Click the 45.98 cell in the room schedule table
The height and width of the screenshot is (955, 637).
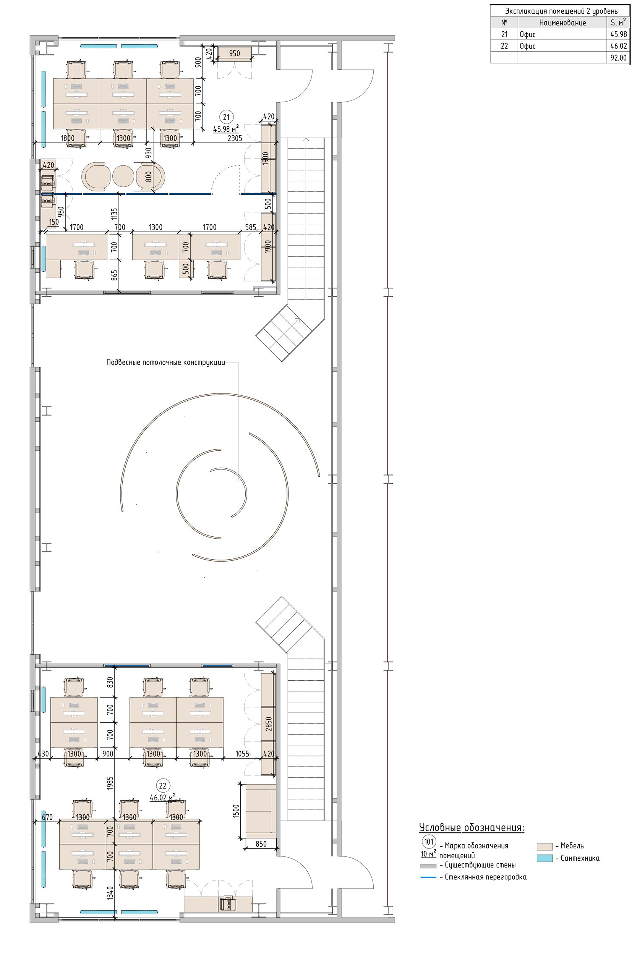[x=618, y=34]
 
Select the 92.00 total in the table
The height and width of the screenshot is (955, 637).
[x=618, y=58]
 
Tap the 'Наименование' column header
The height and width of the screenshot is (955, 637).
[x=562, y=23]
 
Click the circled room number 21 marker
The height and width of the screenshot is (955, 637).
[x=226, y=117]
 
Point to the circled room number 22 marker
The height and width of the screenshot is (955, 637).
[x=162, y=786]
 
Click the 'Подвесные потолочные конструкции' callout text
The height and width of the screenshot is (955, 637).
[x=165, y=362]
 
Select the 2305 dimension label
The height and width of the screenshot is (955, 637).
[x=235, y=138]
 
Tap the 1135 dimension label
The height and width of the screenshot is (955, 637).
[x=115, y=214]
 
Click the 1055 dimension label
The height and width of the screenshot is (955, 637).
[x=242, y=754]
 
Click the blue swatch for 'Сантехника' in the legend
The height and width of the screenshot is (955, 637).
[x=545, y=858]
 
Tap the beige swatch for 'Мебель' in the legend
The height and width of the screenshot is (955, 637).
[x=545, y=846]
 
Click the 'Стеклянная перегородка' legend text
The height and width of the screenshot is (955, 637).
[x=485, y=877]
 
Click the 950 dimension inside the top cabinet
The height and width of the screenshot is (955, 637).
[x=234, y=53]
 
